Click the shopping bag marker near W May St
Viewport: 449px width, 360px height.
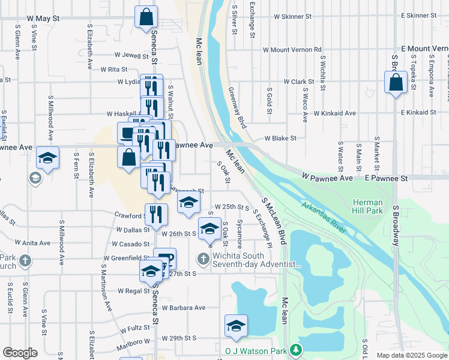pos(146,17)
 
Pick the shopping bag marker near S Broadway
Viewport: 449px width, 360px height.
pos(396,83)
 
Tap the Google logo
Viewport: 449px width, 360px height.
pos(20,353)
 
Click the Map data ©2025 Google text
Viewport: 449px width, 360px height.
pos(411,355)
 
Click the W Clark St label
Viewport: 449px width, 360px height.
pos(299,82)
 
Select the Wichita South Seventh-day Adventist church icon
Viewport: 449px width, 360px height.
pos(203,259)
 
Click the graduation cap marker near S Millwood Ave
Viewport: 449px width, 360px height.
pos(47,158)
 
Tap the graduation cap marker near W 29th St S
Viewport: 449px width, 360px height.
pos(236,326)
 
